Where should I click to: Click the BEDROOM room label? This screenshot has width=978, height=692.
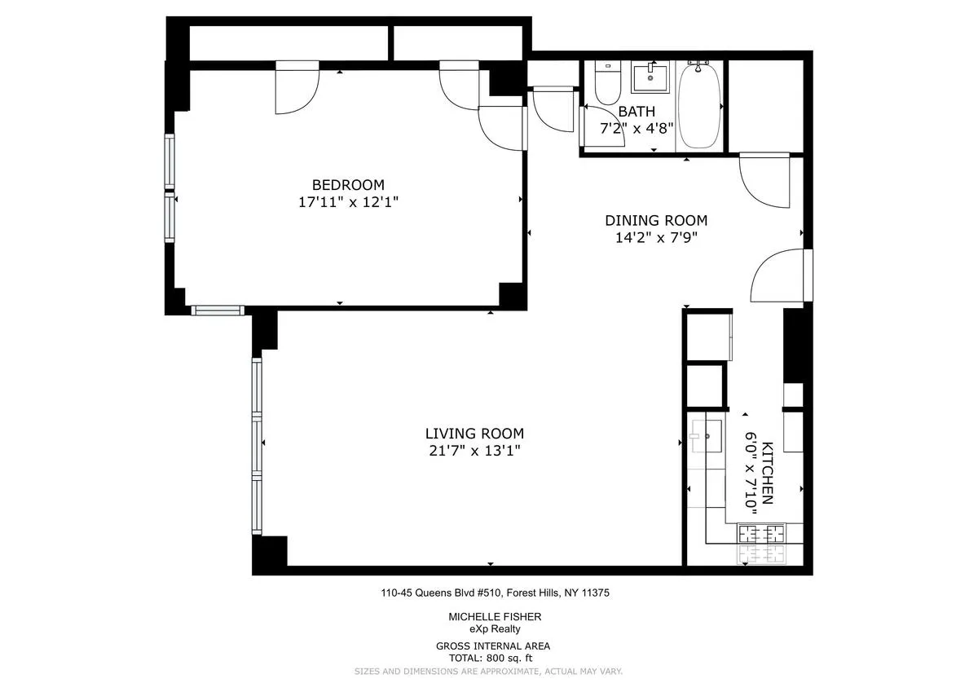[348, 185]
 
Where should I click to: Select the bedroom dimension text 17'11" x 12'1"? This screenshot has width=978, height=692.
[348, 202]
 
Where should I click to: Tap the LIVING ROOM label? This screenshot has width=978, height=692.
[474, 434]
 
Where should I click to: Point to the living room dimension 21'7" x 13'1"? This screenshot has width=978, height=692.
[474, 451]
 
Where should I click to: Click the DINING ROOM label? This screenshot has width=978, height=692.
[655, 220]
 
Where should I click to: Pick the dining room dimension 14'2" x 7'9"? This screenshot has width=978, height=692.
[655, 238]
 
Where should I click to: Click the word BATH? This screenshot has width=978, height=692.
[636, 112]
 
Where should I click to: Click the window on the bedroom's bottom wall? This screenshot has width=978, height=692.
[218, 310]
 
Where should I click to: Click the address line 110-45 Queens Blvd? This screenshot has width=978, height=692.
[495, 593]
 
